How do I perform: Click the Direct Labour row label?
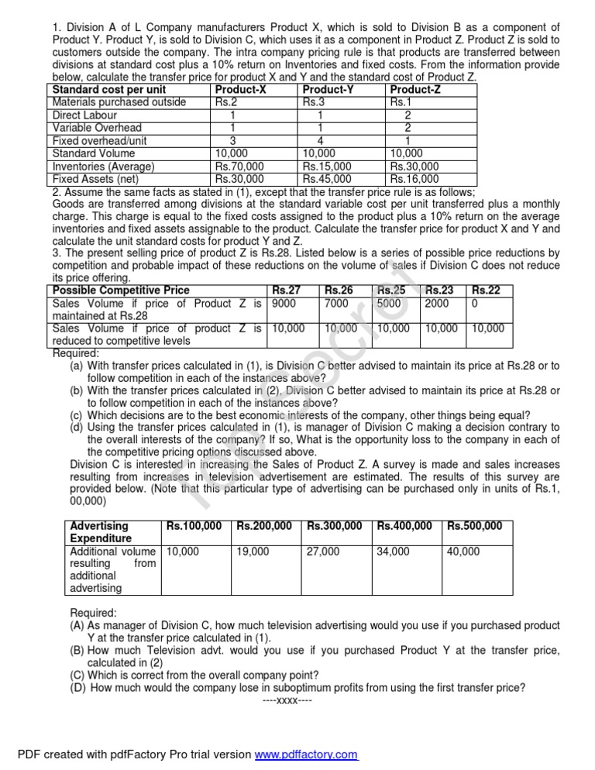[84, 115]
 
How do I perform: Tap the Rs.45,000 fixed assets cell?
[327, 179]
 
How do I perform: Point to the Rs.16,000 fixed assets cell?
[414, 179]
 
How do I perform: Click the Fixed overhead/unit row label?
[100, 141]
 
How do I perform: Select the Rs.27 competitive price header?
[287, 290]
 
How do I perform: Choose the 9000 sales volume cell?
[284, 304]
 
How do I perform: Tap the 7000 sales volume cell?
[338, 304]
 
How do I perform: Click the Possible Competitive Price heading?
[120, 290]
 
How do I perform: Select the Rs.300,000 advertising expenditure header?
[334, 526]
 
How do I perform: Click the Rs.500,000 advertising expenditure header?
[474, 526]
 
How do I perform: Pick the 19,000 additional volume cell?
[253, 552]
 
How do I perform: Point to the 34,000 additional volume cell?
[394, 552]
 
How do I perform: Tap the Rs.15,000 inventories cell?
[327, 167]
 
